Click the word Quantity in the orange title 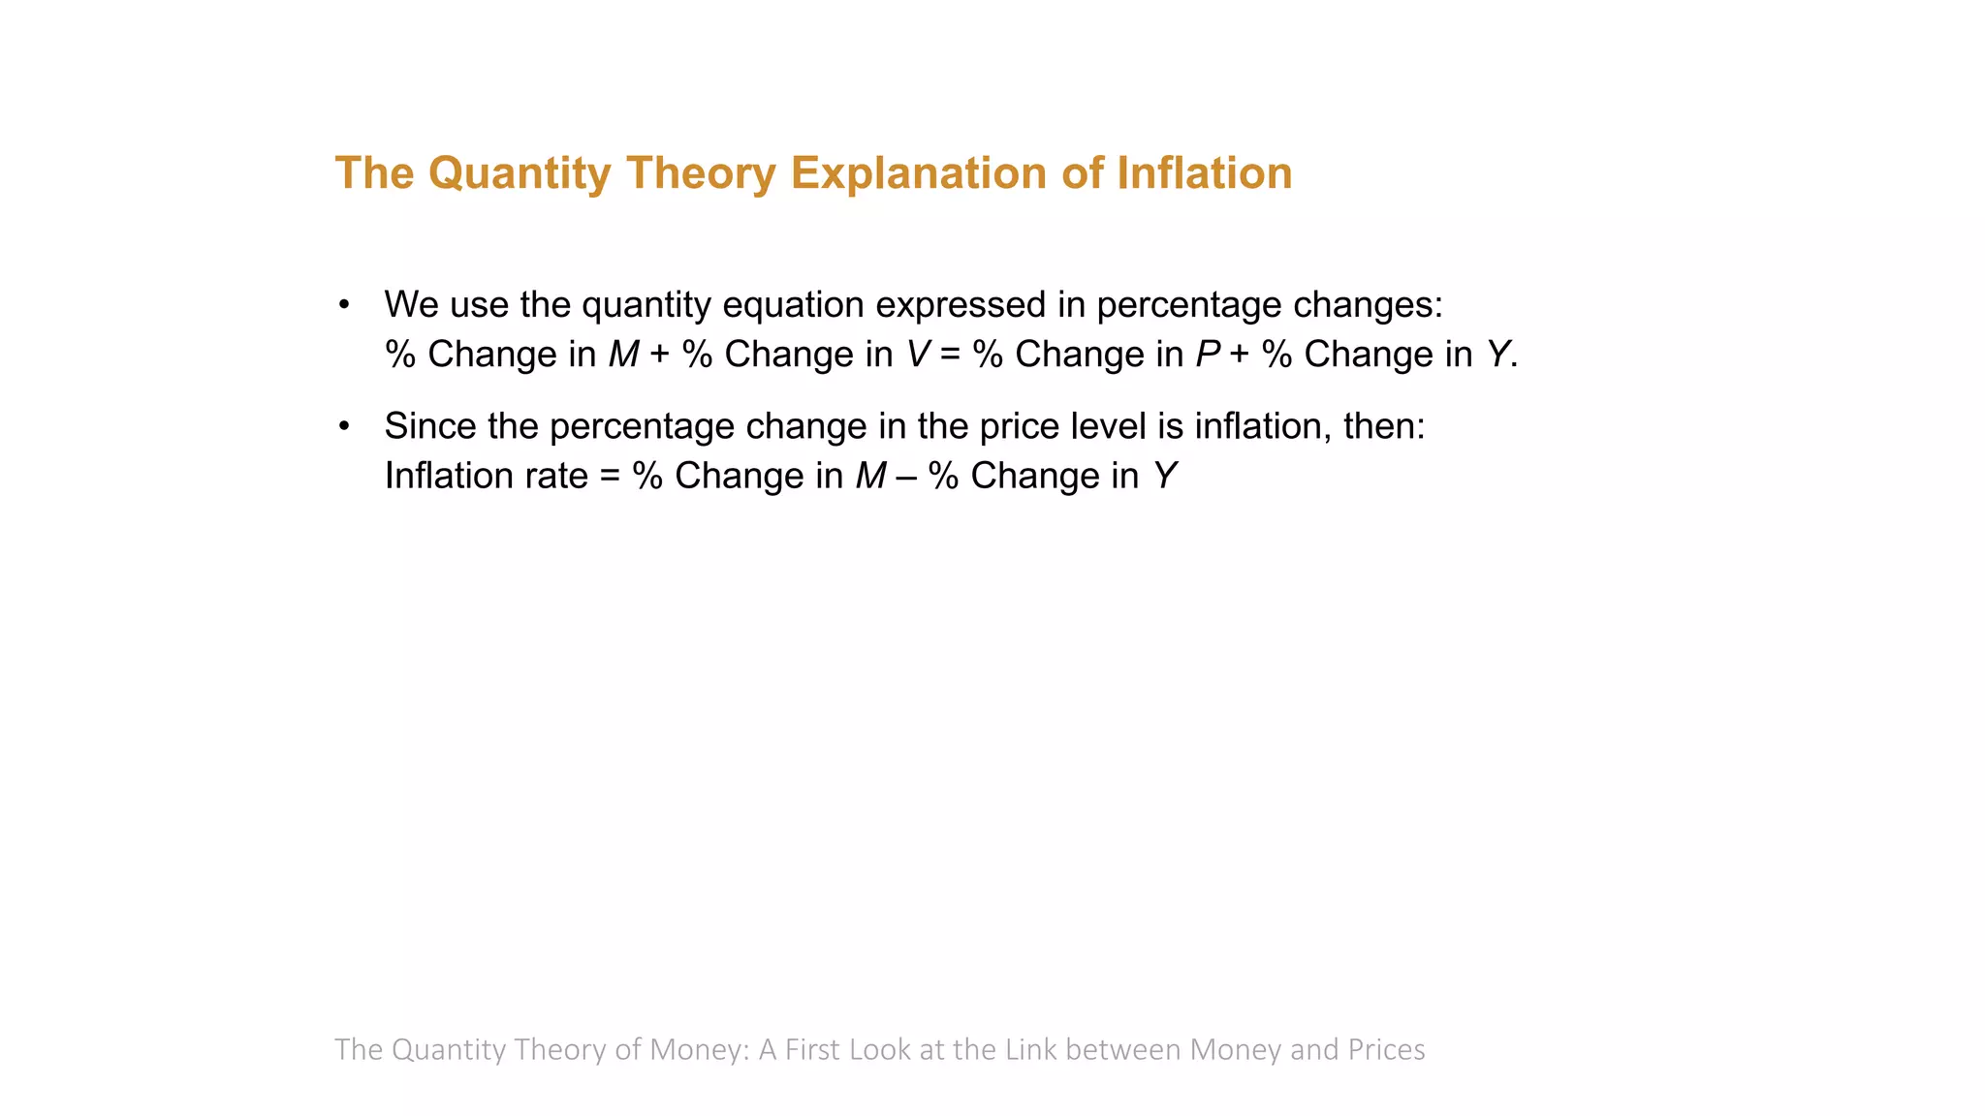tap(519, 174)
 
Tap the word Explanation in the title tap(918, 174)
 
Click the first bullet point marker tap(344, 305)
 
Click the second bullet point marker tap(344, 426)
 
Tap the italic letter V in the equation tap(917, 355)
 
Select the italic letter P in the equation tap(1207, 355)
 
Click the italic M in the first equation tap(623, 355)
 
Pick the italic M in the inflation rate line tap(870, 476)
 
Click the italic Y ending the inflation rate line tap(1164, 476)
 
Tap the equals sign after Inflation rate tap(610, 477)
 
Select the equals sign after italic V tap(950, 356)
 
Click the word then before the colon tap(1377, 426)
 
